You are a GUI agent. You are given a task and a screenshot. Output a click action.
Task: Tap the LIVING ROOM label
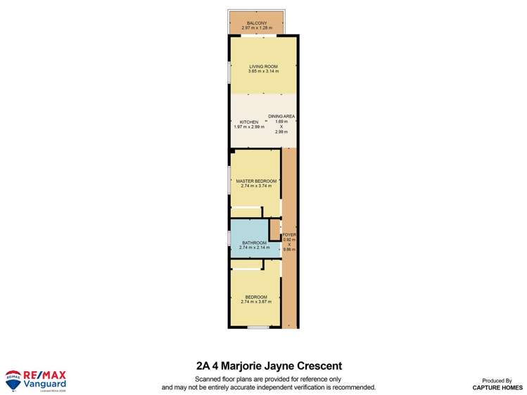pyautogui.click(x=263, y=67)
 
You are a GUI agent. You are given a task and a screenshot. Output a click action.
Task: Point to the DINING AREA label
pyautogui.click(x=281, y=116)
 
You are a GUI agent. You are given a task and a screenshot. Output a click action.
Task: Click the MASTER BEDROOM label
pyautogui.click(x=256, y=181)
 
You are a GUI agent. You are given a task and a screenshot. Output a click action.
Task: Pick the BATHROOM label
pyautogui.click(x=253, y=242)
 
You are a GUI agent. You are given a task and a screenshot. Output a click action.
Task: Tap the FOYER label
pyautogui.click(x=289, y=235)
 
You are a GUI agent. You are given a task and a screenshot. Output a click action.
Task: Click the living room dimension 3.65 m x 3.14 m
pyautogui.click(x=263, y=72)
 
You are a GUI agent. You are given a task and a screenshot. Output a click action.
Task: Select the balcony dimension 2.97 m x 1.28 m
pyautogui.click(x=258, y=27)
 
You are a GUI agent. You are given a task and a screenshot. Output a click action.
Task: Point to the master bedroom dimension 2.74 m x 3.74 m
pyautogui.click(x=256, y=186)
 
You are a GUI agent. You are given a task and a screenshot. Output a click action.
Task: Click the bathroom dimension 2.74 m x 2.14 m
pyautogui.click(x=253, y=247)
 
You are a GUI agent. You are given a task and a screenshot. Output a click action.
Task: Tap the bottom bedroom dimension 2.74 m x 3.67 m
pyautogui.click(x=256, y=302)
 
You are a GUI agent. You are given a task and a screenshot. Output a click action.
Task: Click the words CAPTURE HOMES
pyautogui.click(x=497, y=387)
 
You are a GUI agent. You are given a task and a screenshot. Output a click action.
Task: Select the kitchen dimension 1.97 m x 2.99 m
pyautogui.click(x=248, y=127)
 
